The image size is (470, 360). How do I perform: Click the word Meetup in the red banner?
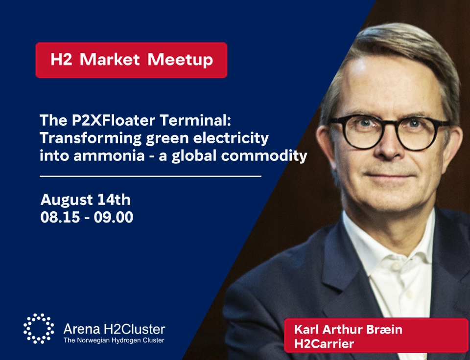click(x=180, y=60)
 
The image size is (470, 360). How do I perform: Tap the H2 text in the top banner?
click(x=62, y=59)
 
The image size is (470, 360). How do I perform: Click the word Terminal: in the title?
click(x=196, y=120)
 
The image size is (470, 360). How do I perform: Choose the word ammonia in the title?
click(x=109, y=156)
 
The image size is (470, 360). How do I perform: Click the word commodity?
click(x=264, y=156)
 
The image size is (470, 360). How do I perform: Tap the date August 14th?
click(x=85, y=200)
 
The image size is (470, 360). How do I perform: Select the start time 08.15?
click(x=60, y=218)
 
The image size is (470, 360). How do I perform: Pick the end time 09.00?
click(x=113, y=218)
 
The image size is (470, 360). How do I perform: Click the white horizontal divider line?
click(x=150, y=177)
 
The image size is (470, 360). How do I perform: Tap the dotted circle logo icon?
click(x=39, y=329)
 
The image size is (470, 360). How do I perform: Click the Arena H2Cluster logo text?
click(x=114, y=329)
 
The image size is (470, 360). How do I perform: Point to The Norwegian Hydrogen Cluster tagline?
click(x=114, y=340)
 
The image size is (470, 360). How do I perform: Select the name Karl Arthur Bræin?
click(x=348, y=330)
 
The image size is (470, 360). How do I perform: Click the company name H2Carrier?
click(x=324, y=343)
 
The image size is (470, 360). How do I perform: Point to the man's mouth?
click(x=390, y=175)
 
